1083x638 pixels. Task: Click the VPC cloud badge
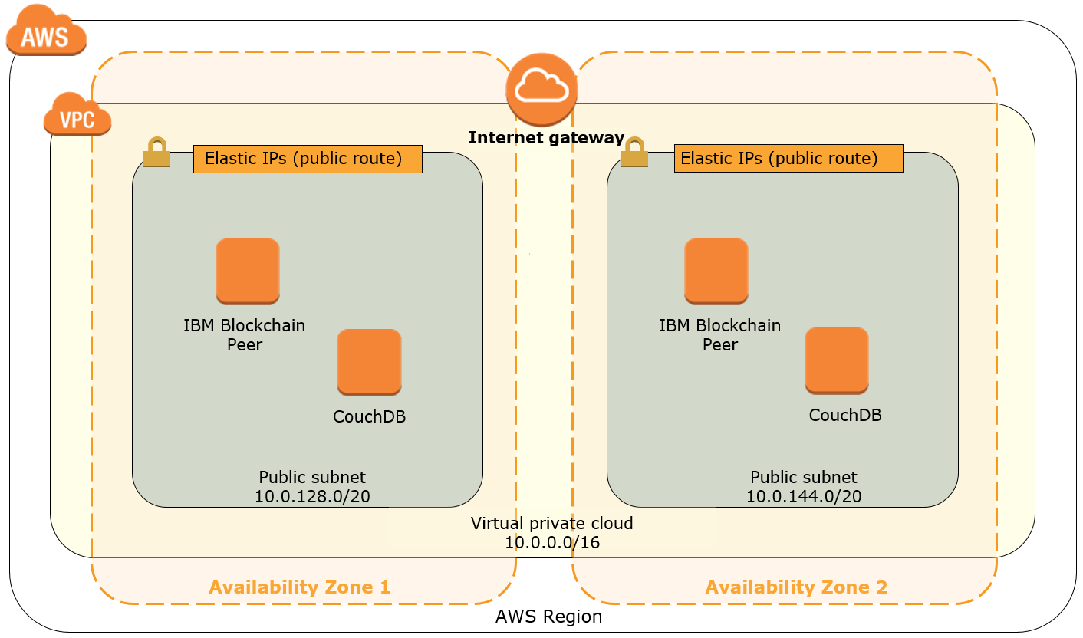pyautogui.click(x=77, y=117)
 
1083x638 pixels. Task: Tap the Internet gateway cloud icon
pyautogui.click(x=541, y=90)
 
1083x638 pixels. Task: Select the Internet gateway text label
pyautogui.click(x=546, y=138)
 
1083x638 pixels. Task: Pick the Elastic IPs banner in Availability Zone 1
pyautogui.click(x=308, y=159)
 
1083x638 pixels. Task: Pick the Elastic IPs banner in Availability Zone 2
pyautogui.click(x=788, y=159)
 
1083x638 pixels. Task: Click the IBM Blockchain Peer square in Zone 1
pyautogui.click(x=247, y=271)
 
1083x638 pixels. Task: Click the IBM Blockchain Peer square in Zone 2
pyautogui.click(x=716, y=271)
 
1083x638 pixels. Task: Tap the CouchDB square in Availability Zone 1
pyautogui.click(x=369, y=362)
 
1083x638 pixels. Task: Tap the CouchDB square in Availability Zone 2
pyautogui.click(x=837, y=360)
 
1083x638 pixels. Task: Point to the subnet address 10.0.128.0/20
pyautogui.click(x=312, y=497)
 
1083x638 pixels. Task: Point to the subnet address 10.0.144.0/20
pyautogui.click(x=804, y=497)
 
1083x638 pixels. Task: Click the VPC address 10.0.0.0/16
pyautogui.click(x=551, y=543)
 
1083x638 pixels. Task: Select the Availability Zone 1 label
pyautogui.click(x=299, y=587)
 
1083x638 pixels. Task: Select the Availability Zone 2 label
pyautogui.click(x=796, y=587)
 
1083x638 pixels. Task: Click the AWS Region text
pyautogui.click(x=548, y=617)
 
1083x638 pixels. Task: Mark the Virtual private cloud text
pyautogui.click(x=551, y=524)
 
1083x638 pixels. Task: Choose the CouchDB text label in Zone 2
pyautogui.click(x=845, y=416)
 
